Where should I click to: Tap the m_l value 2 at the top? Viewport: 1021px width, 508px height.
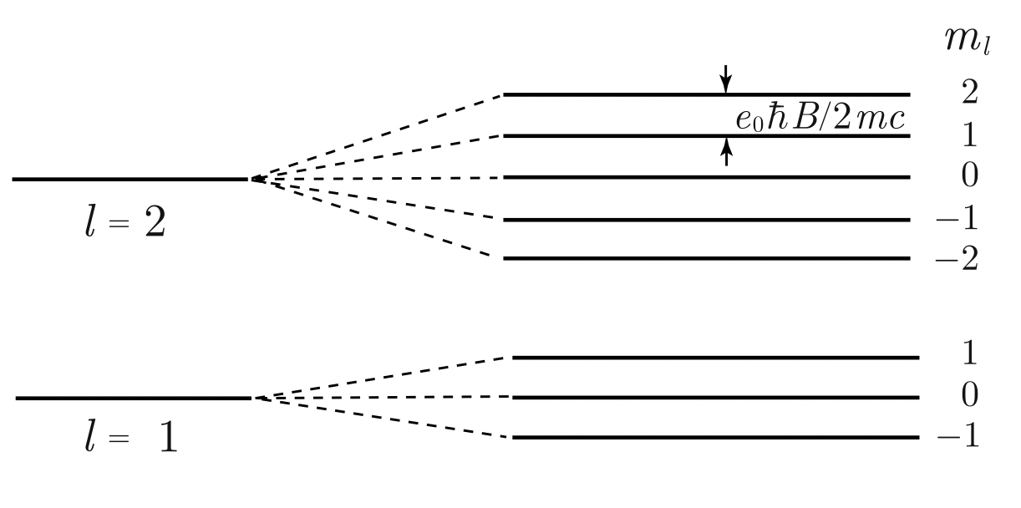coord(969,93)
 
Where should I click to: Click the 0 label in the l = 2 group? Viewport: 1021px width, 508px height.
coord(969,176)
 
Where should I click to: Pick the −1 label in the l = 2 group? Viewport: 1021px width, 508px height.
coord(961,220)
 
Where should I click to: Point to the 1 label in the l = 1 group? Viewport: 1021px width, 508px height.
coord(970,354)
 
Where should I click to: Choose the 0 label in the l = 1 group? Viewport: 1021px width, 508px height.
coord(970,396)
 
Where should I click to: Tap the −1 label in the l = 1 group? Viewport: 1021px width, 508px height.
coord(962,437)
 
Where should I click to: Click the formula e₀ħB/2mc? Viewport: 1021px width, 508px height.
coord(820,119)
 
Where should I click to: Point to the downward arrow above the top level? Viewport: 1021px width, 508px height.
coord(726,78)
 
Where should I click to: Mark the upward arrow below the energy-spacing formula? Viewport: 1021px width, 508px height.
coord(726,151)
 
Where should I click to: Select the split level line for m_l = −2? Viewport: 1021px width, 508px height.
coord(706,258)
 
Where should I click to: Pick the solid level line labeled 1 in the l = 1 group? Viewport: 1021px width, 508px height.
coord(715,358)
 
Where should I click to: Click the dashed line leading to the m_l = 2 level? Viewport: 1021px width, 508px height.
coord(376,137)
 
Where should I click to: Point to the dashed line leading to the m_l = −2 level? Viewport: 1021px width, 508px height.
coord(376,218)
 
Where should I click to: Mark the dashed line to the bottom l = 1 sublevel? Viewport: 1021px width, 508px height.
coord(382,418)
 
